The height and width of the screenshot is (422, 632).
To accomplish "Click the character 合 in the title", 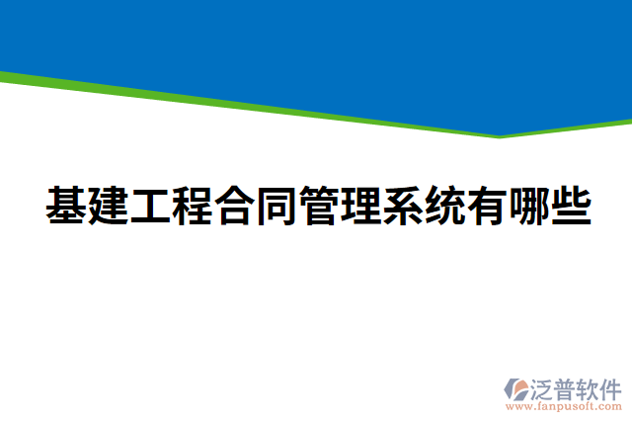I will pos(234,206).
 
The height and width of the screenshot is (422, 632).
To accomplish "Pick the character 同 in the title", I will pos(276,206).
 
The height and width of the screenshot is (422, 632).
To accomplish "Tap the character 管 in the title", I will pos(318,206).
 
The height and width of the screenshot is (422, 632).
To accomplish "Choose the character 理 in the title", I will pos(360,206).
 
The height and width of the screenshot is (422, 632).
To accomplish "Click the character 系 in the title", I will pos(402,206).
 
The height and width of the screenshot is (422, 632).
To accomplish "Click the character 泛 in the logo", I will pos(543,387).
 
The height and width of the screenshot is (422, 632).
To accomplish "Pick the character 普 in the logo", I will pos(566,387).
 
